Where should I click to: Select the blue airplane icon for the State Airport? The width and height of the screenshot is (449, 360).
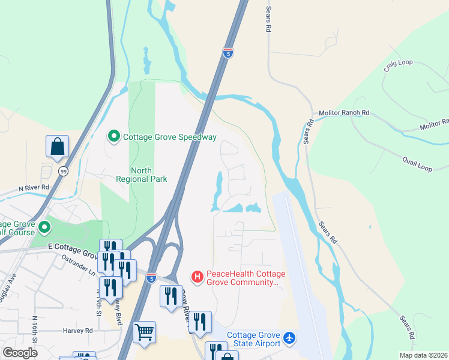pyautogui.click(x=289, y=338)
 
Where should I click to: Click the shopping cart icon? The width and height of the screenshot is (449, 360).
pyautogui.click(x=144, y=331)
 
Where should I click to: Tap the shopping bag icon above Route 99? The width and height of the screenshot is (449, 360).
pyautogui.click(x=57, y=146)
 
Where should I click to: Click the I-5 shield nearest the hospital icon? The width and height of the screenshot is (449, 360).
pyautogui.click(x=151, y=278)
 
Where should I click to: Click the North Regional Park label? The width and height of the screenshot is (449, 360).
pyautogui.click(x=141, y=175)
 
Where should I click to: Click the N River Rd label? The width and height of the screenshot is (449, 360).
pyautogui.click(x=32, y=188)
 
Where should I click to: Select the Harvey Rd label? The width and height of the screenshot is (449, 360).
pyautogui.click(x=77, y=330)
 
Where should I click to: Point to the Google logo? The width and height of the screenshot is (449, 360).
pyautogui.click(x=20, y=353)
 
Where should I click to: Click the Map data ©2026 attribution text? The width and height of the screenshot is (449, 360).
pyautogui.click(x=423, y=355)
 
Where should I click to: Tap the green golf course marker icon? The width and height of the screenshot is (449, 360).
pyautogui.click(x=44, y=227)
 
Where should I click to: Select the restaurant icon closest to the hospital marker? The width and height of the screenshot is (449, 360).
pyautogui.click(x=170, y=296)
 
